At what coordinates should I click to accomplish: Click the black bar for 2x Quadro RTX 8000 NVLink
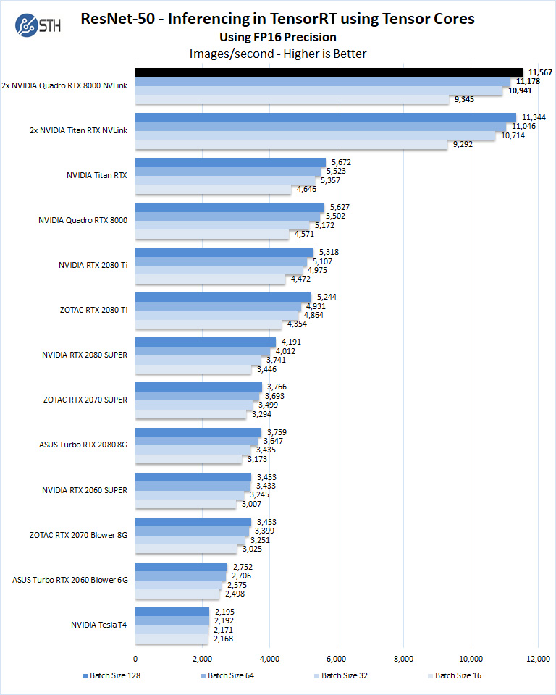click(x=329, y=72)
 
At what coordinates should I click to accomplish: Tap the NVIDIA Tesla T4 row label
click(x=99, y=625)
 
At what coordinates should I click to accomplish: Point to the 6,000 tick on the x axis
click(x=337, y=658)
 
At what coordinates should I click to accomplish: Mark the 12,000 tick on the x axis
click(x=538, y=658)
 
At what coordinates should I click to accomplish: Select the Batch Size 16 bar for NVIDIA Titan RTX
click(x=214, y=189)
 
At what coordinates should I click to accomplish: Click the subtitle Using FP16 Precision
click(x=278, y=37)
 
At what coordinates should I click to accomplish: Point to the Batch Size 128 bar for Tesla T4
click(x=172, y=612)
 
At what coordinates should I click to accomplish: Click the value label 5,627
click(x=336, y=207)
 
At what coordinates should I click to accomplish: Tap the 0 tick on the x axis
click(x=135, y=658)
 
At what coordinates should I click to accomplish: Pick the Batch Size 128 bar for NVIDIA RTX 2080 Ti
click(x=224, y=252)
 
